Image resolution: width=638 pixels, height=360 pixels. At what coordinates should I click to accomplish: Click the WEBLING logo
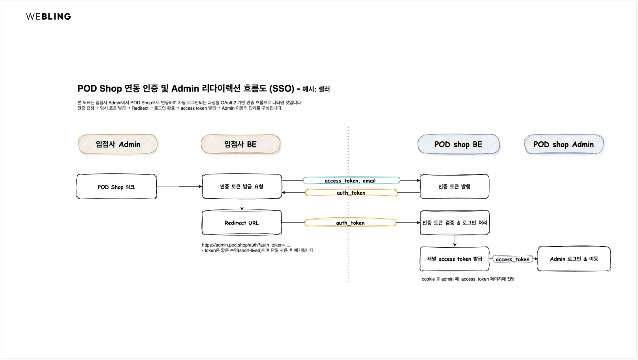[49, 17]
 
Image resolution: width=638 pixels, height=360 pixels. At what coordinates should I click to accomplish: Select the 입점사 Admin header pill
[118, 144]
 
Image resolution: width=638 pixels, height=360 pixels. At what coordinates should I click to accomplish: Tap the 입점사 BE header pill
[240, 144]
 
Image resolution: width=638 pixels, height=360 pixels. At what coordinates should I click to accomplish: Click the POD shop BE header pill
[458, 144]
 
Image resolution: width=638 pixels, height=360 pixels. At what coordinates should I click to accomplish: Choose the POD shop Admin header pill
[564, 144]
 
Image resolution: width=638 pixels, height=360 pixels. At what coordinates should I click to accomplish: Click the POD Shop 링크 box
[117, 187]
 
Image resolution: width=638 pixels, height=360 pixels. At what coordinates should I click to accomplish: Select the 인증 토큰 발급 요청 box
[242, 187]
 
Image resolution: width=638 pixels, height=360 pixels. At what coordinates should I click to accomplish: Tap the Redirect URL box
[242, 223]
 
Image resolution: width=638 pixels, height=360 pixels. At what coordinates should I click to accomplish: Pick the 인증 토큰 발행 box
[454, 187]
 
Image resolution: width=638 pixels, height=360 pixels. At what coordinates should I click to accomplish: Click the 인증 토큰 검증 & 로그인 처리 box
[455, 223]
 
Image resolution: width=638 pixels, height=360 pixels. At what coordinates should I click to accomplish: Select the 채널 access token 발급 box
[455, 259]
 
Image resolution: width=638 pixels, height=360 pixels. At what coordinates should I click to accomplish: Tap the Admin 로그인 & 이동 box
[574, 259]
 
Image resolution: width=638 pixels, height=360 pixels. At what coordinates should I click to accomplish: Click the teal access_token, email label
[351, 181]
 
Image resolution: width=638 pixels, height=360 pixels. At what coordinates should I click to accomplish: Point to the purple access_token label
[512, 259]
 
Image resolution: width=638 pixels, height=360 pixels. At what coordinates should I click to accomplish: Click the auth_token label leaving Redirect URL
[350, 223]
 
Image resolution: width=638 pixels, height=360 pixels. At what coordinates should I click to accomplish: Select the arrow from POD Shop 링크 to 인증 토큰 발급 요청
[179, 187]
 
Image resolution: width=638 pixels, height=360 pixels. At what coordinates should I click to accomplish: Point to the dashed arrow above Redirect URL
[242, 205]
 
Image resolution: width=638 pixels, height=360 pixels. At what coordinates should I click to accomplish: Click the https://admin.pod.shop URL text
[246, 245]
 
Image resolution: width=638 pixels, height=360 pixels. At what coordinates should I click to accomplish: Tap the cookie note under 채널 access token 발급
[468, 279]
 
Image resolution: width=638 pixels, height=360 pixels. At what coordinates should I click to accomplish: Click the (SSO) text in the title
[282, 89]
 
